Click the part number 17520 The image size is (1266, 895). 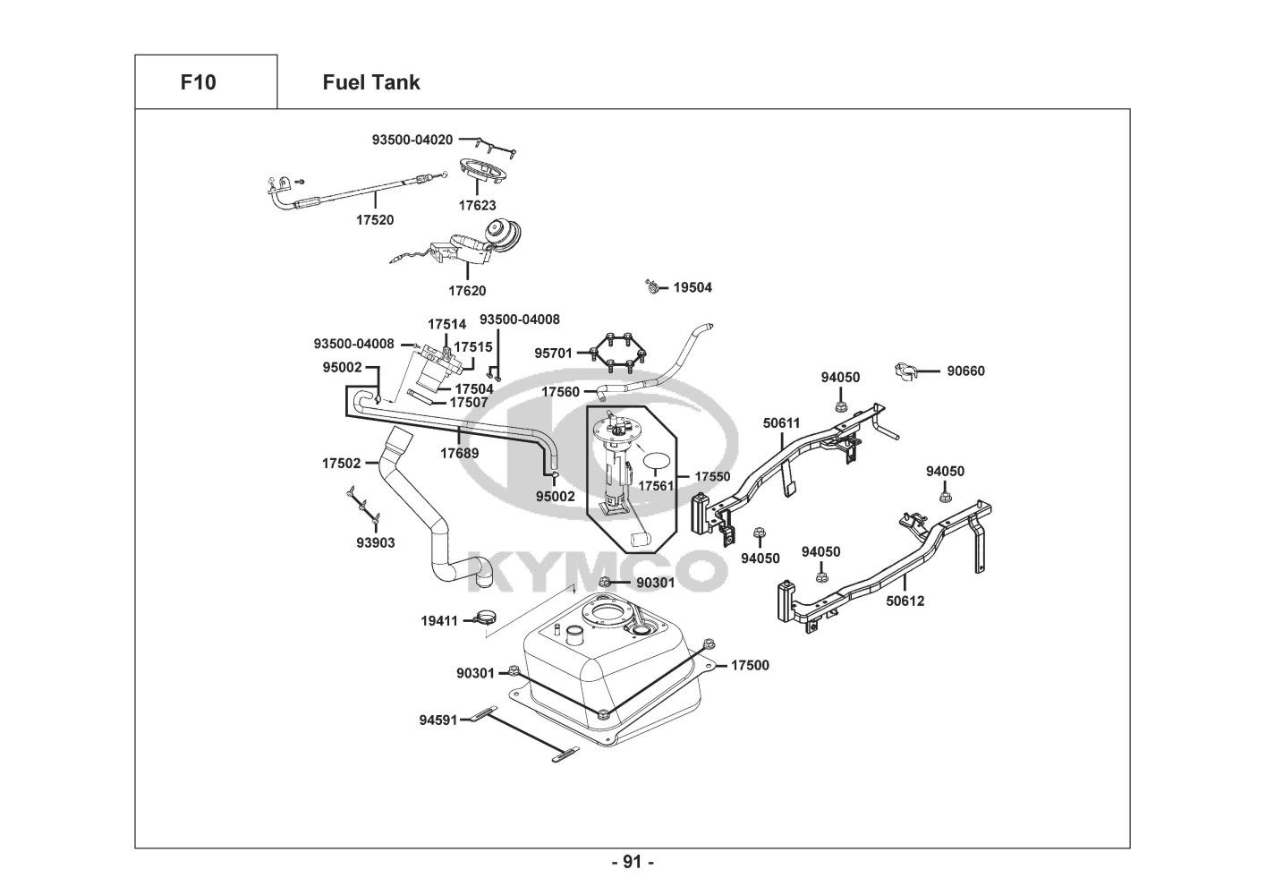pyautogui.click(x=375, y=219)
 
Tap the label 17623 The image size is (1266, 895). pyautogui.click(x=477, y=205)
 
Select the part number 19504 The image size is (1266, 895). pyautogui.click(x=692, y=287)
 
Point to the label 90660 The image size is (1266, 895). pyautogui.click(x=965, y=371)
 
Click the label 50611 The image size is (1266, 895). pyautogui.click(x=781, y=422)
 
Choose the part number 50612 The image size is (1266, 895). pyautogui.click(x=905, y=601)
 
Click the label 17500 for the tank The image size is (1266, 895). pyautogui.click(x=750, y=665)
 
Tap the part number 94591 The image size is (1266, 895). pyautogui.click(x=438, y=720)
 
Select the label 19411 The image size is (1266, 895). pyautogui.click(x=439, y=620)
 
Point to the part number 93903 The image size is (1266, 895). pyautogui.click(x=375, y=542)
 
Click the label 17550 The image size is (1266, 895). pyautogui.click(x=712, y=477)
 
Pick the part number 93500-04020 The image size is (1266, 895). pyautogui.click(x=412, y=140)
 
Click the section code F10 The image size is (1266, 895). pyautogui.click(x=198, y=82)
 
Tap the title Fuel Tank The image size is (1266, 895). pyautogui.click(x=370, y=82)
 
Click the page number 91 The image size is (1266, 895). pyautogui.click(x=633, y=862)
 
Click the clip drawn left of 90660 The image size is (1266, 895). pyautogui.click(x=906, y=371)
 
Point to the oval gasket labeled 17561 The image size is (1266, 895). pyautogui.click(x=658, y=461)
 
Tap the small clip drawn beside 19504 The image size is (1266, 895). pyautogui.click(x=653, y=287)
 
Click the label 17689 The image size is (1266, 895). pyautogui.click(x=459, y=453)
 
